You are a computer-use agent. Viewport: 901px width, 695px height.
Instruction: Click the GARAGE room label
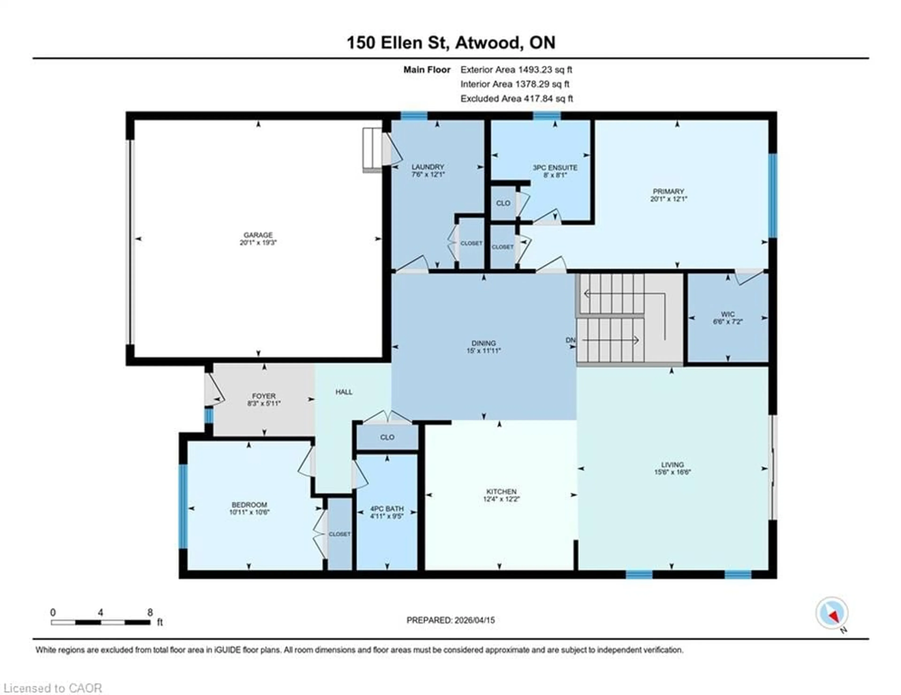pos(258,235)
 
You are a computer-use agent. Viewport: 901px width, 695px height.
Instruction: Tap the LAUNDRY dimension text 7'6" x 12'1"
pos(428,174)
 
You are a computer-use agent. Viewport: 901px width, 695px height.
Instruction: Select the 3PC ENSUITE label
pos(555,168)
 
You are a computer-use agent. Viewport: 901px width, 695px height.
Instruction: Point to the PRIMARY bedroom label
pos(668,191)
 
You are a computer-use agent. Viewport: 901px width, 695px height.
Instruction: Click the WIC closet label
pos(728,314)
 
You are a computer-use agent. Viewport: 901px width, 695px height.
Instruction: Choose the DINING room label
pos(484,343)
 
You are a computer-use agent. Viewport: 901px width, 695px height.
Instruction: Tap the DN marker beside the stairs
pos(570,340)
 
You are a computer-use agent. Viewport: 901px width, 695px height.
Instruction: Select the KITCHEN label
pos(501,491)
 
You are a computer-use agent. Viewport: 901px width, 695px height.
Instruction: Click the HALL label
pos(344,392)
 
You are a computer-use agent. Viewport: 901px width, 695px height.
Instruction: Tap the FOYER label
pos(264,396)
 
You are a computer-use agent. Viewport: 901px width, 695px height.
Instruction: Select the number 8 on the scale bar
pos(150,612)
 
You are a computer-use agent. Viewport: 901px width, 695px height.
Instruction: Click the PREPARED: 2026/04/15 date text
pos(450,620)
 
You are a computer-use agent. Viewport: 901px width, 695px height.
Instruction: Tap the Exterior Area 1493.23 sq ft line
pos(516,70)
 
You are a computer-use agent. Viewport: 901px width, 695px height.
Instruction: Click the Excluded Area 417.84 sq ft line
pos(516,98)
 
